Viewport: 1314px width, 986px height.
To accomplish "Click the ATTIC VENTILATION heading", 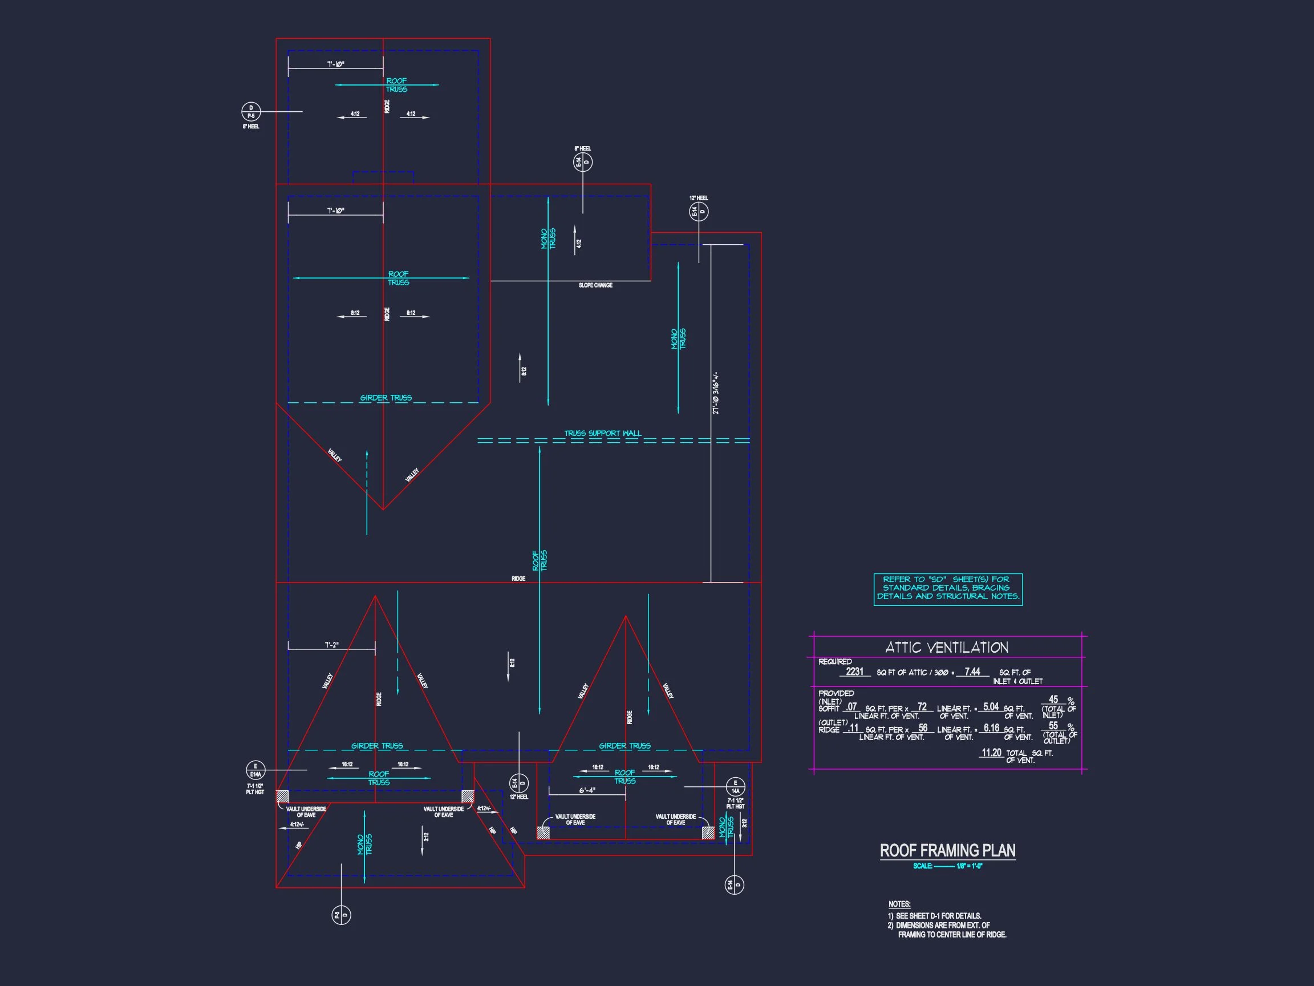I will [946, 647].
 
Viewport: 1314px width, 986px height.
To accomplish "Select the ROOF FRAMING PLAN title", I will [947, 851].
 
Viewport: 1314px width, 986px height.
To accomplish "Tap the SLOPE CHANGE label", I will [595, 285].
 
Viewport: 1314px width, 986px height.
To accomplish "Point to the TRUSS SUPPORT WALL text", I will [602, 433].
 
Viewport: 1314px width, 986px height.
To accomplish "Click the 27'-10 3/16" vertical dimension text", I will [716, 393].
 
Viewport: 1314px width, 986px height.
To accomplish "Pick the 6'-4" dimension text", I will [587, 790].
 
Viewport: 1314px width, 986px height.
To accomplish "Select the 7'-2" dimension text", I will [331, 645].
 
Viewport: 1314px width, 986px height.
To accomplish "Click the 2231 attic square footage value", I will [854, 672].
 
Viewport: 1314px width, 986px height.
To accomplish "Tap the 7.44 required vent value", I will [972, 672].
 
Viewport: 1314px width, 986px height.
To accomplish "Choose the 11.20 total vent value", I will [991, 753].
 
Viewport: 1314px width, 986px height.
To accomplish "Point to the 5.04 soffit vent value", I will [990, 706].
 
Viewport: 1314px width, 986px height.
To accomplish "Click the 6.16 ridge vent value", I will [991, 728].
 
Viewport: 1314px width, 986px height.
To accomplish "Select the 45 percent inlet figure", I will [1053, 700].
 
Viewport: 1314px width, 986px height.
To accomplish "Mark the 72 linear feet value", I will [922, 706].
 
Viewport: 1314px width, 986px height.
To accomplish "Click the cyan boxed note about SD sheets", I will [947, 588].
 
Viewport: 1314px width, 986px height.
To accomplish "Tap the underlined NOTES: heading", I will [899, 904].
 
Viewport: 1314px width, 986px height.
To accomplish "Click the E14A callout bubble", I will [255, 770].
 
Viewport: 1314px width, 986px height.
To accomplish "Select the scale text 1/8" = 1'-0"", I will [969, 866].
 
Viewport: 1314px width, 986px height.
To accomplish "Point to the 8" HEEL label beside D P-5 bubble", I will [251, 127].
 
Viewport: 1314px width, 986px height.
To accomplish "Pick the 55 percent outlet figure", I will [1053, 726].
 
